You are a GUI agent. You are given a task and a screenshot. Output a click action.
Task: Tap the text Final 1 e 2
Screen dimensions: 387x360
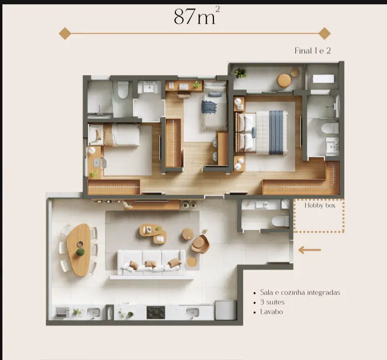tap(312, 51)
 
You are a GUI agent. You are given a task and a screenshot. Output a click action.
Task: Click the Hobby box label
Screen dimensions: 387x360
tap(320, 206)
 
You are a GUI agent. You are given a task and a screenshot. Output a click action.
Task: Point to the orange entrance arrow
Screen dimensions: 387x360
tap(310, 250)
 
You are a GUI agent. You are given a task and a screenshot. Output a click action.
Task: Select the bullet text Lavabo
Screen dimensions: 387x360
tap(271, 311)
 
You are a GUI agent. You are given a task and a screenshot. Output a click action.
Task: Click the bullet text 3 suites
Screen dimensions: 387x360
tap(272, 302)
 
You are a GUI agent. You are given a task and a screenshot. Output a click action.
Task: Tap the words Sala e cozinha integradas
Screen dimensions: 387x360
tap(300, 293)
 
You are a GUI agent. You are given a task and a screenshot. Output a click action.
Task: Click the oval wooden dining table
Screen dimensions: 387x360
tap(78, 250)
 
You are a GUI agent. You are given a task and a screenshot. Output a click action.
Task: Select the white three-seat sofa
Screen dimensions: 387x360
tap(151, 262)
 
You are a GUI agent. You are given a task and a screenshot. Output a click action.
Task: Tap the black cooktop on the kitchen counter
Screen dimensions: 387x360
tap(156, 312)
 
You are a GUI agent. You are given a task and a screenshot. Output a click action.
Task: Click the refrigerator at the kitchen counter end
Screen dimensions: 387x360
tap(225, 310)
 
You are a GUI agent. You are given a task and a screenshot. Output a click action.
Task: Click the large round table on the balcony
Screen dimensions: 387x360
tap(284, 80)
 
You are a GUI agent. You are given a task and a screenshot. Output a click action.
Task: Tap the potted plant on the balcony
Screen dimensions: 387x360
tap(240, 73)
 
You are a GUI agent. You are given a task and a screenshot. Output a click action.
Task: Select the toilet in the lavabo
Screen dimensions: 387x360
tap(280, 221)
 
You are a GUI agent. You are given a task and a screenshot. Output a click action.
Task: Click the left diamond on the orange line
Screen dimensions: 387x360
tap(65, 33)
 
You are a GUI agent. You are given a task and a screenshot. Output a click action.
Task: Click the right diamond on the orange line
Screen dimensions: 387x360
tap(325, 33)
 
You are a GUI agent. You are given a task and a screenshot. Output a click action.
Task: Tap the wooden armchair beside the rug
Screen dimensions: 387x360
tap(200, 244)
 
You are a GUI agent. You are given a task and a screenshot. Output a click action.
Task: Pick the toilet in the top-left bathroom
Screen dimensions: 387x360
tap(123, 90)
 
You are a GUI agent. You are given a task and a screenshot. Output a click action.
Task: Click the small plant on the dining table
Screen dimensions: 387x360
tap(80, 252)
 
